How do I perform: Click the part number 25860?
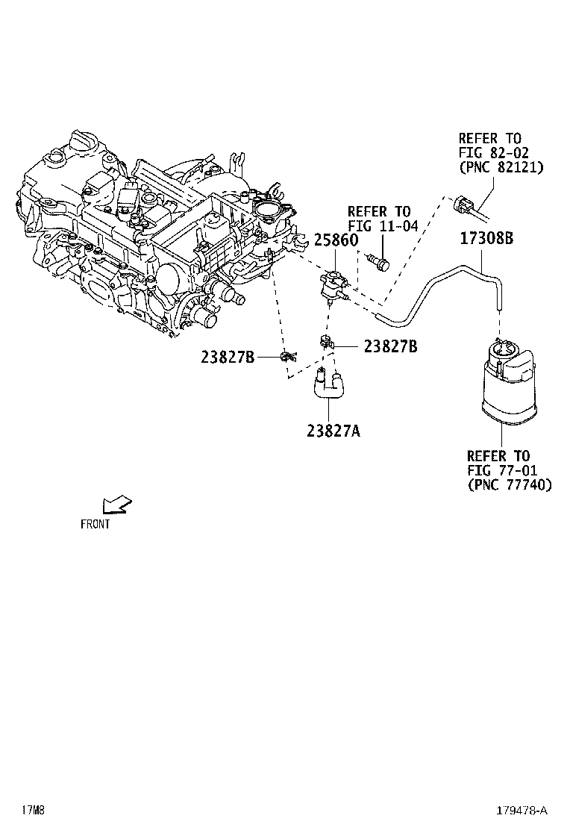[x=336, y=240]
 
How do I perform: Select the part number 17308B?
[x=486, y=240]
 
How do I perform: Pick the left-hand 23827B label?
[x=228, y=358]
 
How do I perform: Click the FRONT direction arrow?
[x=117, y=505]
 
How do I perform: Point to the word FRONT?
[x=95, y=524]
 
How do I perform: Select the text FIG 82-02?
[x=493, y=152]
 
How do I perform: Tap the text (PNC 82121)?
[x=501, y=167]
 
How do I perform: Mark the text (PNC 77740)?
[x=510, y=484]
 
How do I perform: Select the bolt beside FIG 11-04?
[x=380, y=261]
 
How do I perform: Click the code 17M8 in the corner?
[x=34, y=810]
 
